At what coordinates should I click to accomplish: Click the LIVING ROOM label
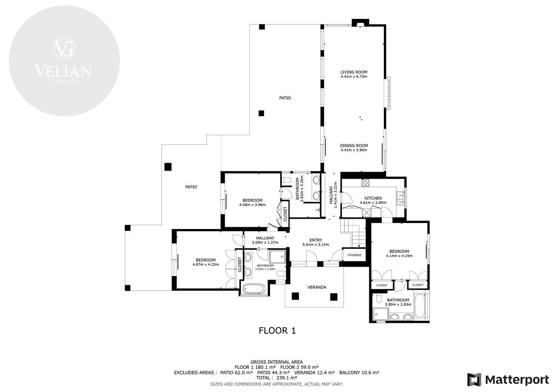[354, 72]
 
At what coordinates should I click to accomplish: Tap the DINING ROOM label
[354, 146]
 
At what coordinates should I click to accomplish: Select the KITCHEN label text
[373, 198]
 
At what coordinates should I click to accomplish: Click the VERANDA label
[317, 287]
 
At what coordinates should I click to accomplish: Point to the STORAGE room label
[354, 255]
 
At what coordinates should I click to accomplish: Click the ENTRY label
[316, 240]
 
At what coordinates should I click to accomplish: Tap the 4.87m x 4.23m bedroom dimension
[206, 264]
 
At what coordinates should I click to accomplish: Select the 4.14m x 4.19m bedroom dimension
[399, 256]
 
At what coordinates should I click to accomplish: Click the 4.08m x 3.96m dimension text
[252, 205]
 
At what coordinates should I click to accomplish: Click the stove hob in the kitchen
[365, 183]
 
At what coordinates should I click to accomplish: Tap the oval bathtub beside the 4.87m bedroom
[254, 289]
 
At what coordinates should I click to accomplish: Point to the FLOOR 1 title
[277, 330]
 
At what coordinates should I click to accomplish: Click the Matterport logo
[508, 379]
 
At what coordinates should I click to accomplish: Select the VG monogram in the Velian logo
[64, 48]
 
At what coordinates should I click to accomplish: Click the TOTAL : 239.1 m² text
[276, 378]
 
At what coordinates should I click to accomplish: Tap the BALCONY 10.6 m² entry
[359, 372]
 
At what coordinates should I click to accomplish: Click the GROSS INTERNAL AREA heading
[276, 362]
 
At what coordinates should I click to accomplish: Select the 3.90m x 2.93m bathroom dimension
[398, 304]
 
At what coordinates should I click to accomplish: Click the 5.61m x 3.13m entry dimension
[316, 245]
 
